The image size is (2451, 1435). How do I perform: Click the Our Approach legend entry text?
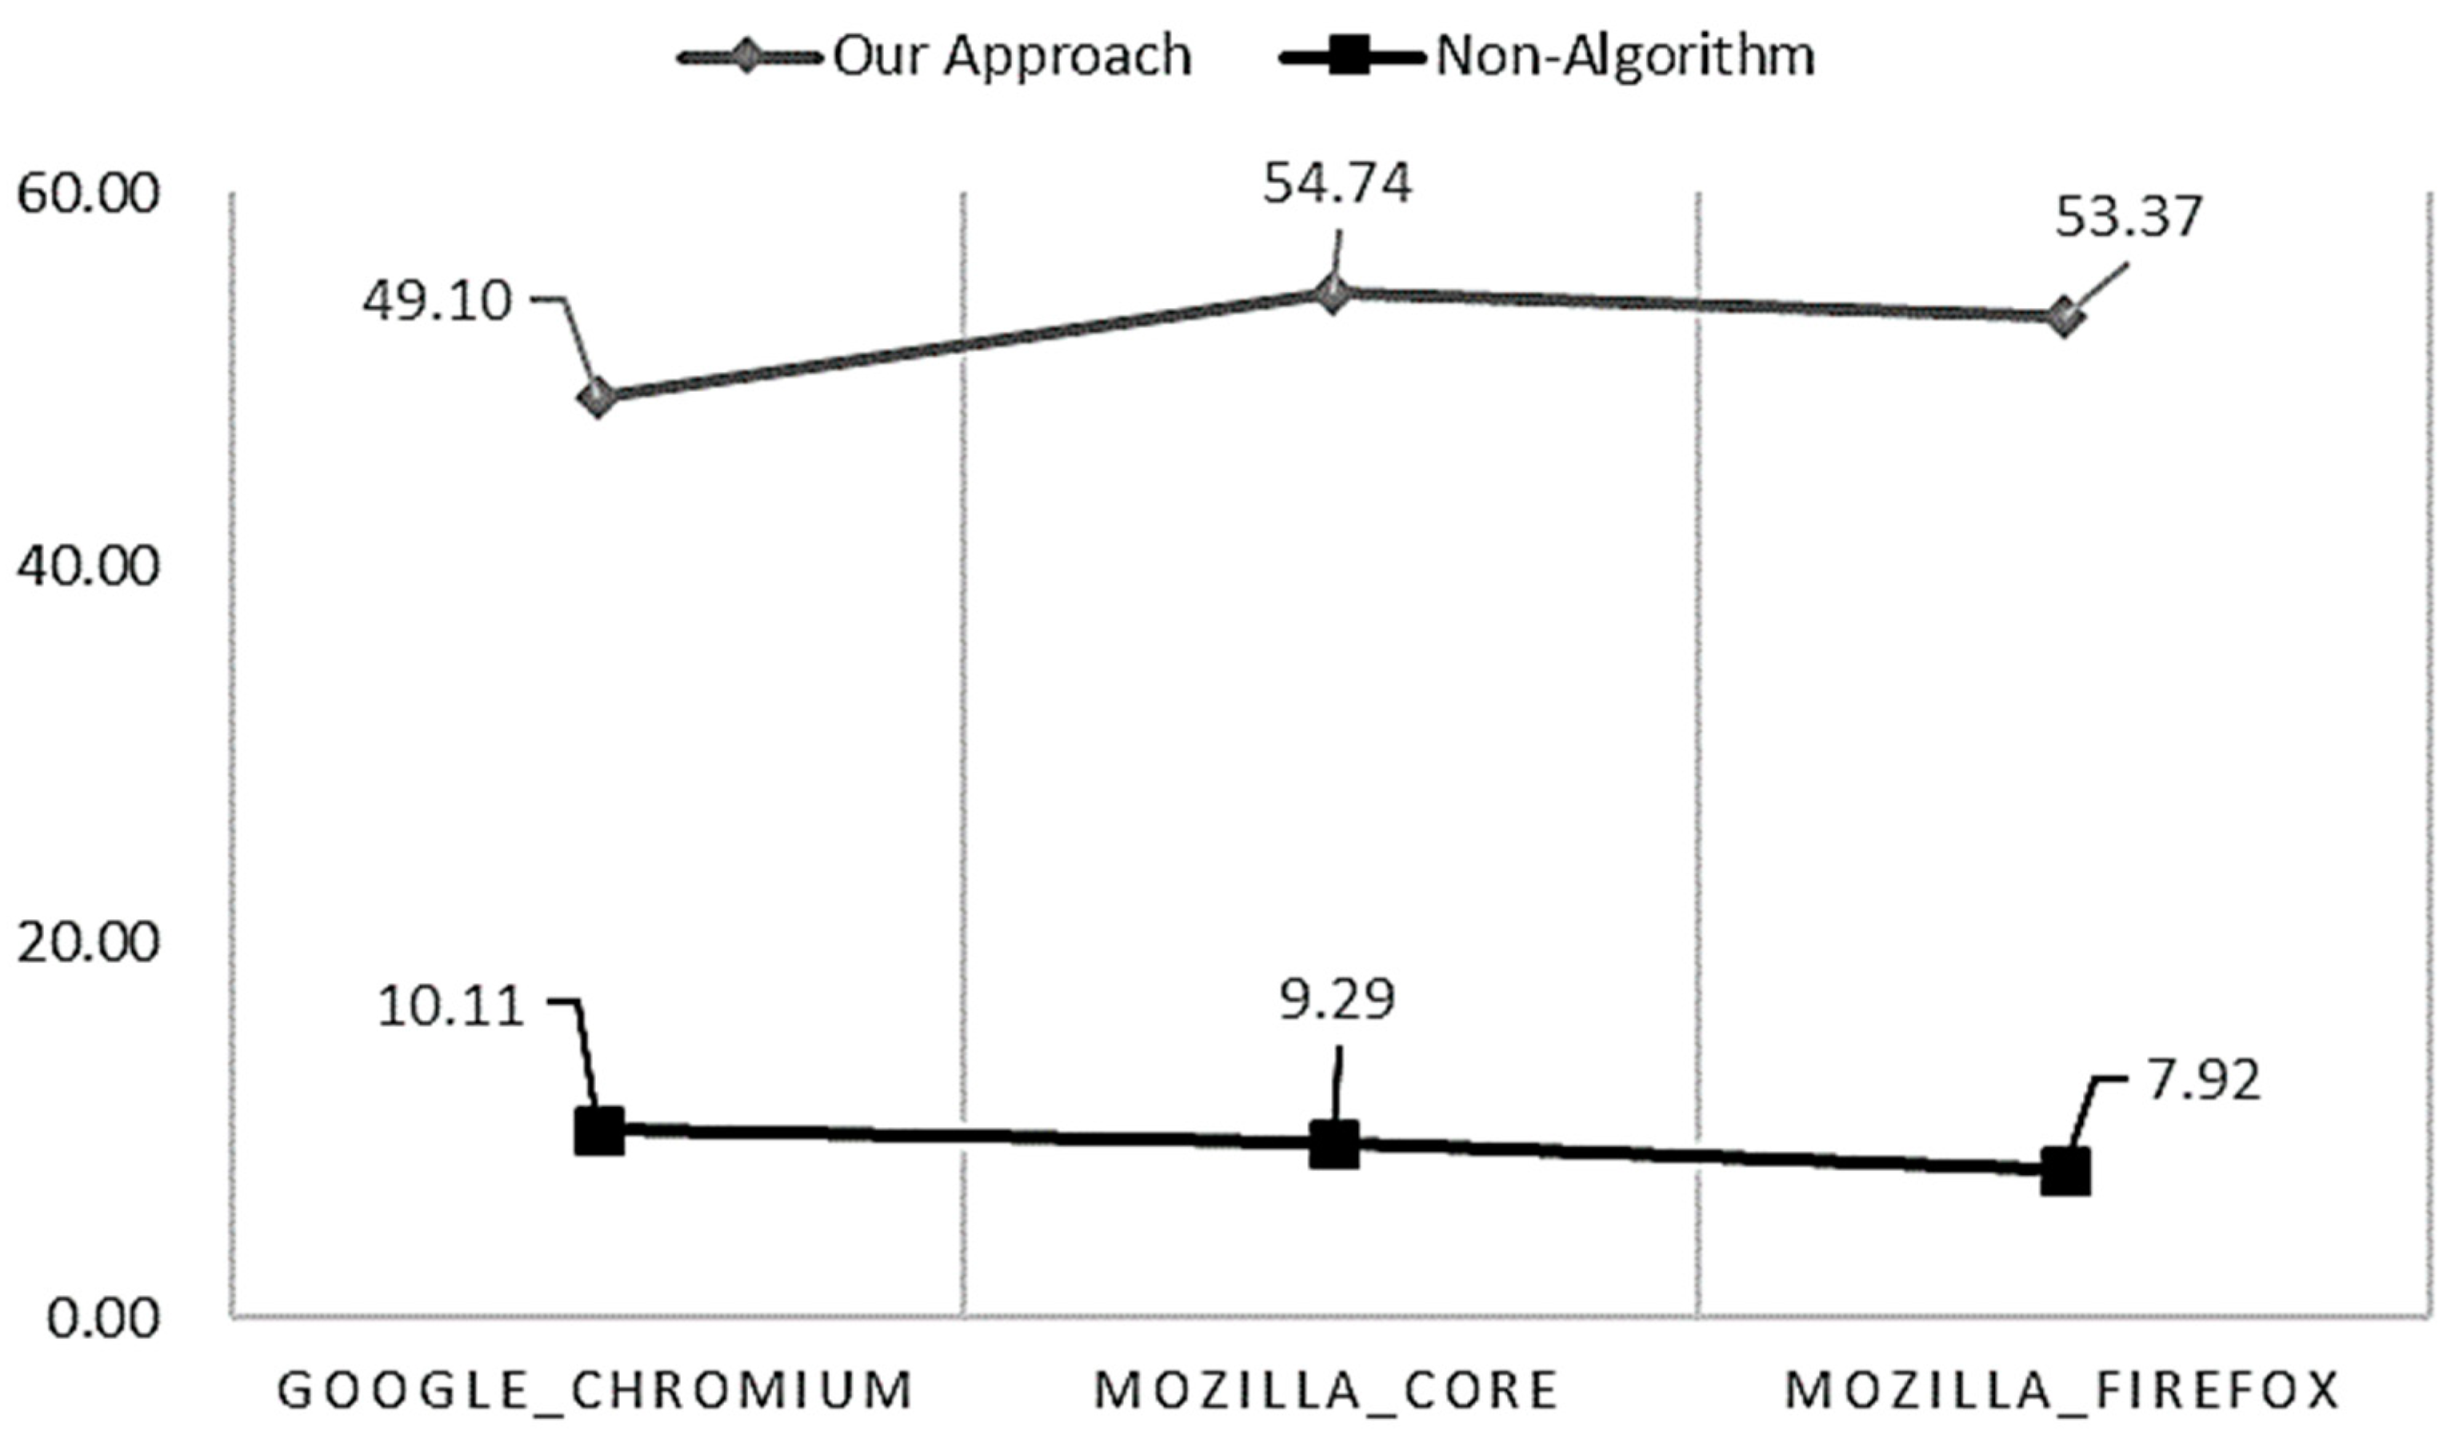(x=1012, y=55)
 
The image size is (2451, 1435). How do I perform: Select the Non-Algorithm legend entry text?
(x=1625, y=55)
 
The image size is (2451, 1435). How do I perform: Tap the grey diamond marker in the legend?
(x=745, y=57)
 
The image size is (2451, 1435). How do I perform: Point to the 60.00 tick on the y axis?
(x=88, y=193)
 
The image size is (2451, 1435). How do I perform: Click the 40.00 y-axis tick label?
(x=88, y=567)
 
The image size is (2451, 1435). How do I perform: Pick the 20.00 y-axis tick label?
(x=88, y=942)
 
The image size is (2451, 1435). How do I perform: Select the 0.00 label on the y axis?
(x=103, y=1318)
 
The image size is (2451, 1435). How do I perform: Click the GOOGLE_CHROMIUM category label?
(x=595, y=1391)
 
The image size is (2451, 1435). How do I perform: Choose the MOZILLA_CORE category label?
(x=1326, y=1391)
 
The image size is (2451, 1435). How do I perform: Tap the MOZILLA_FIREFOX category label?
(x=2061, y=1391)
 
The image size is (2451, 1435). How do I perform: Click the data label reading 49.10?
(x=437, y=301)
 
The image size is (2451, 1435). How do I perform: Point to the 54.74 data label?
(x=1336, y=184)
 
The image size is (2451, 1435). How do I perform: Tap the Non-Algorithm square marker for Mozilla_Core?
(x=1334, y=1145)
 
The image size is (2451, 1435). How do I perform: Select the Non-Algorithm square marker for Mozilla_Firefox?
(x=2065, y=1172)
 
